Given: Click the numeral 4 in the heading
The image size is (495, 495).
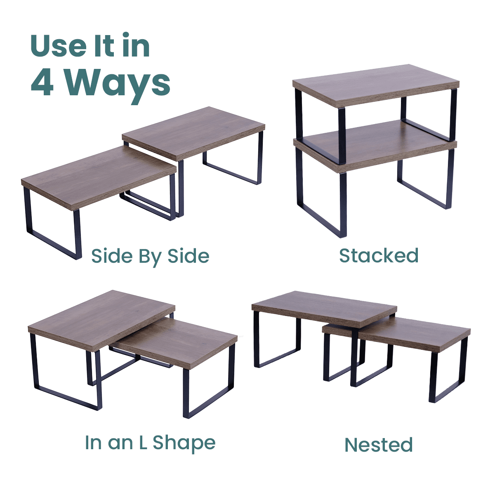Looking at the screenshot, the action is tap(42, 83).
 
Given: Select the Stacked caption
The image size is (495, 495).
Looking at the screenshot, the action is tap(379, 256).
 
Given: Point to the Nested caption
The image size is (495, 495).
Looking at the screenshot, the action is tap(379, 445).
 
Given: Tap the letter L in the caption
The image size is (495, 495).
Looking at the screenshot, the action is tap(143, 442).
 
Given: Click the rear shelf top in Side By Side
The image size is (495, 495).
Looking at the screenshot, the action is tap(193, 133).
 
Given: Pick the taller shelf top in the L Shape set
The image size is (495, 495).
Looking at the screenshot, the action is tap(101, 321).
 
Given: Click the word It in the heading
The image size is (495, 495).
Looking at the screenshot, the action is tap(104, 46).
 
